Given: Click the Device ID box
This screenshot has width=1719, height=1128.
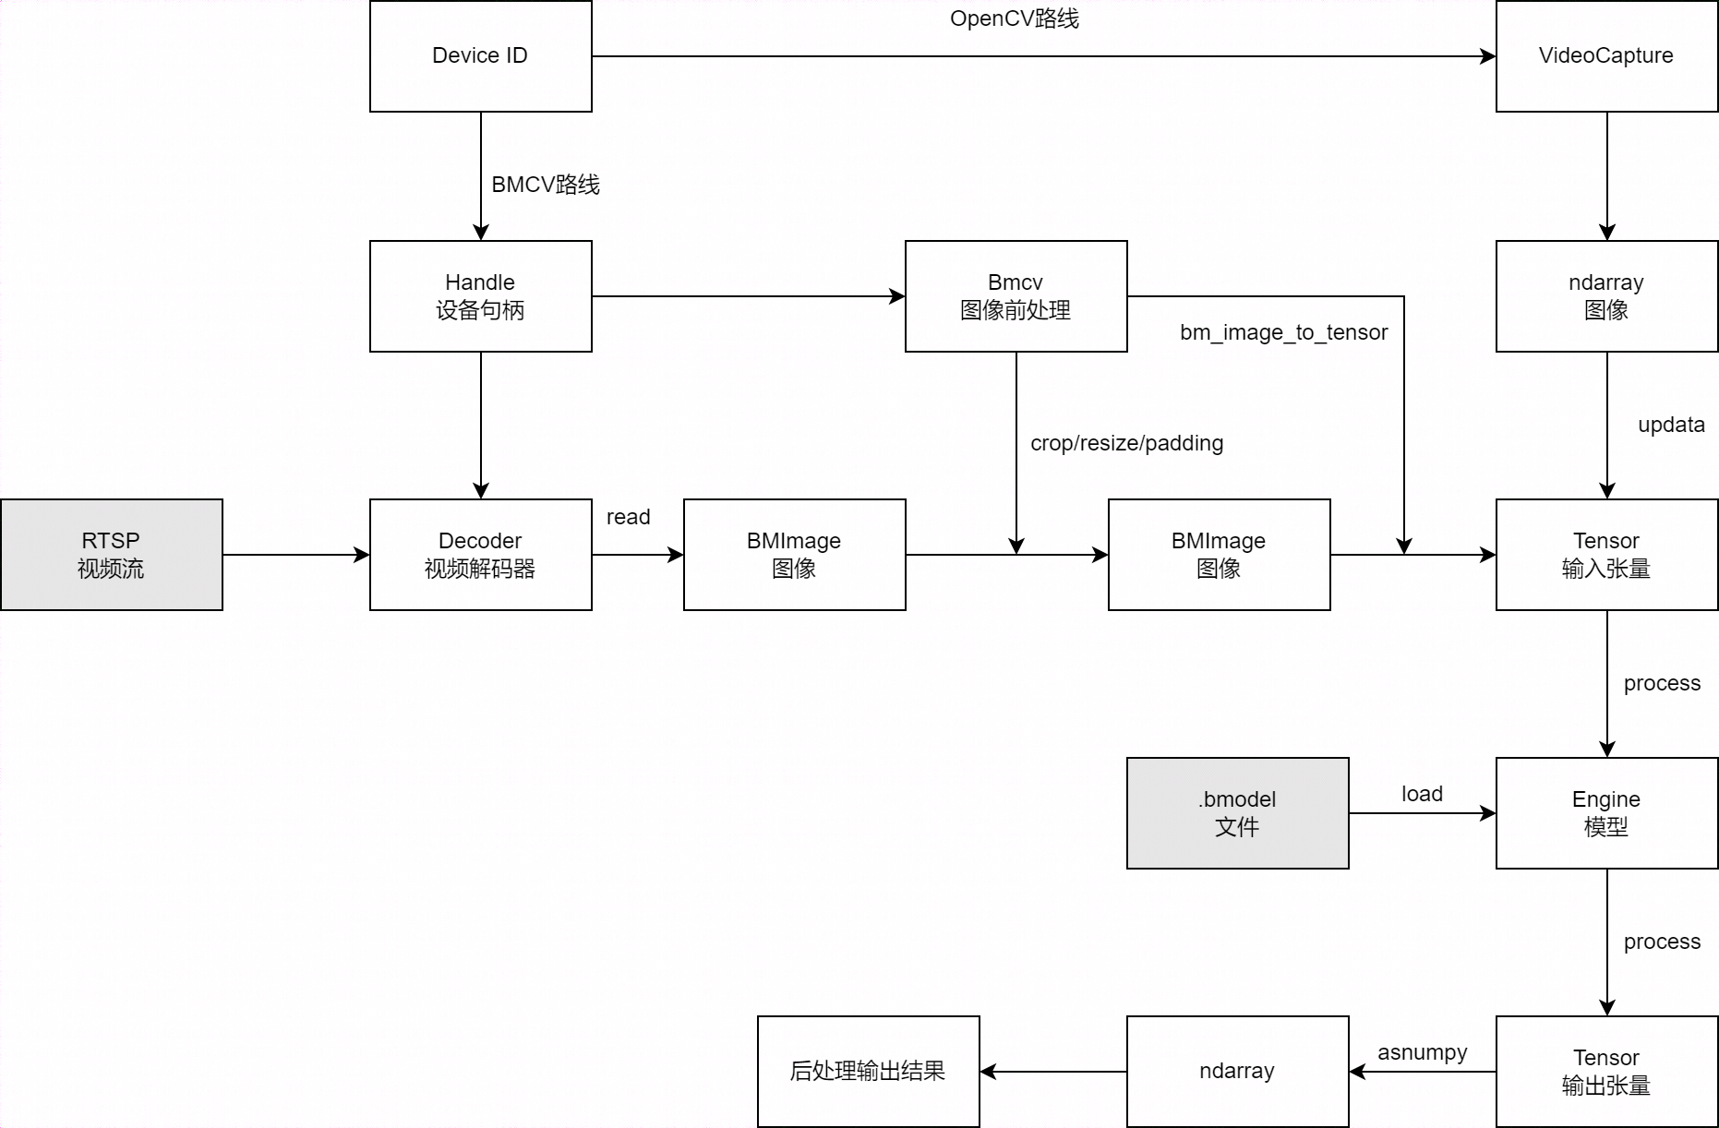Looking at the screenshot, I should [480, 56].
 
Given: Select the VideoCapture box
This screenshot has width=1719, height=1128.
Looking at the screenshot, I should [1606, 56].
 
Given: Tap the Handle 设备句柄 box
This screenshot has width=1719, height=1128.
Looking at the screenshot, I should [480, 296].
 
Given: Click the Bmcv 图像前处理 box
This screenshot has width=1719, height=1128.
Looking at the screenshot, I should [1016, 296].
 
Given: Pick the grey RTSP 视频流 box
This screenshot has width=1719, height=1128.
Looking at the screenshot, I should [111, 555].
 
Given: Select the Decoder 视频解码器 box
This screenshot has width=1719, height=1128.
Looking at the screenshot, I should [480, 555].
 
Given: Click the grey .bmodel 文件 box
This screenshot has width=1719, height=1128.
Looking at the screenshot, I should [1237, 813].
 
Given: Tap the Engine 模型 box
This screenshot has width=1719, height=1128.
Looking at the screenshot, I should [1606, 813].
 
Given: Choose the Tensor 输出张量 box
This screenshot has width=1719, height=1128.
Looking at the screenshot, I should [1606, 1072].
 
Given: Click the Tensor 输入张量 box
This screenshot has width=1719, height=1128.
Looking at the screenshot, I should [1606, 555].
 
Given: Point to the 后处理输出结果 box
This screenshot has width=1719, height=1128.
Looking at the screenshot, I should [868, 1072].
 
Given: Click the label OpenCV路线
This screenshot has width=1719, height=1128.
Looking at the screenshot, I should [1014, 19].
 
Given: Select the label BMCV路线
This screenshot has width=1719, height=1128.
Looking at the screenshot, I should [545, 185].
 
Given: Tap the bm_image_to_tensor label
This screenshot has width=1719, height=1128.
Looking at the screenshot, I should [1283, 332].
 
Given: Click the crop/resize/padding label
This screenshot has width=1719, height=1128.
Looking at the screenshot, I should [1126, 443].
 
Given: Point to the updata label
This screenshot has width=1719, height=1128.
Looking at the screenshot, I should [1671, 425].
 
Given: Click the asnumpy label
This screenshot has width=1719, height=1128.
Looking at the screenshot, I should [1422, 1052].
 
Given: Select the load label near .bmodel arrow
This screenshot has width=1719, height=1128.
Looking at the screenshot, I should [1422, 794].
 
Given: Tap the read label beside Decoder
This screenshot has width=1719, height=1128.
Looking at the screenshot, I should [628, 517].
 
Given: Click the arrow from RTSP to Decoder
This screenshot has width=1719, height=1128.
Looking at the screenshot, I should [295, 555].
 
